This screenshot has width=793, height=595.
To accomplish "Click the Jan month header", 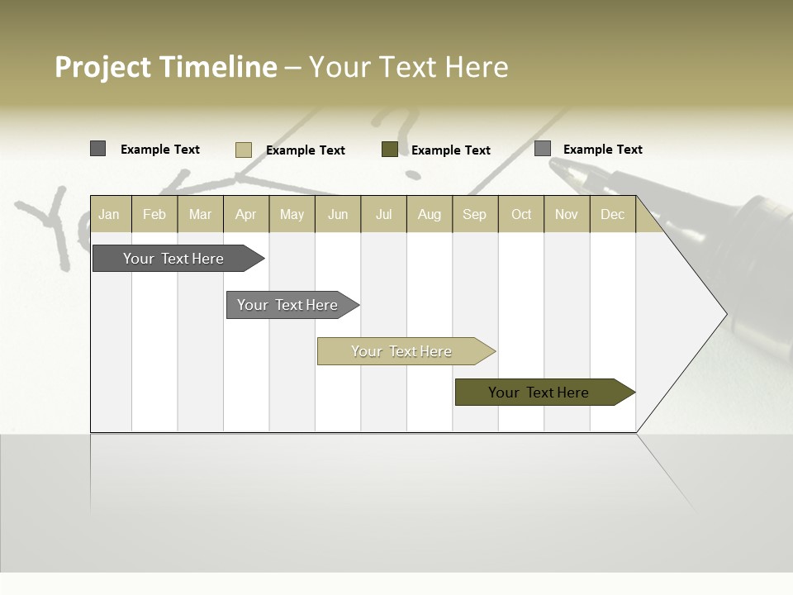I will (x=109, y=214).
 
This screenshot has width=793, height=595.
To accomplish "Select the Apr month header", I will (x=245, y=214).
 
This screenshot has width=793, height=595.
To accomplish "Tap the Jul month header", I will (x=383, y=214).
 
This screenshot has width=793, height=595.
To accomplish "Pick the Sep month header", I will (x=474, y=214).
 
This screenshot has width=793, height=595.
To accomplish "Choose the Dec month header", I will (x=612, y=214).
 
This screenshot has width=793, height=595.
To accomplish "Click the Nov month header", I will (x=566, y=214).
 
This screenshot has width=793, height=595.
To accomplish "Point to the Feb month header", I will (x=154, y=214).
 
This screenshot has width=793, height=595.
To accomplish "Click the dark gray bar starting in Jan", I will (x=173, y=259).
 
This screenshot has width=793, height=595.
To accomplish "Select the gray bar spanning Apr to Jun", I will (x=287, y=305).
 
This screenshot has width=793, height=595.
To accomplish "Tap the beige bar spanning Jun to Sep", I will (x=401, y=351).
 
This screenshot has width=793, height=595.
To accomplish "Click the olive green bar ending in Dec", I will (x=539, y=393).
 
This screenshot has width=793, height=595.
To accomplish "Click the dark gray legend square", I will (x=97, y=149).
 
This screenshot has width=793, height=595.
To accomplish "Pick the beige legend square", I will (x=243, y=150).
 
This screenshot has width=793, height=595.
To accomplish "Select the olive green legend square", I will (x=390, y=149).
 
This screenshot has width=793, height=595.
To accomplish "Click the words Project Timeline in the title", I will (x=165, y=67).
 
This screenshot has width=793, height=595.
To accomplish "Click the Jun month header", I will (x=337, y=214).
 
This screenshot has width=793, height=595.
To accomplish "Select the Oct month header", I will (x=521, y=214).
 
